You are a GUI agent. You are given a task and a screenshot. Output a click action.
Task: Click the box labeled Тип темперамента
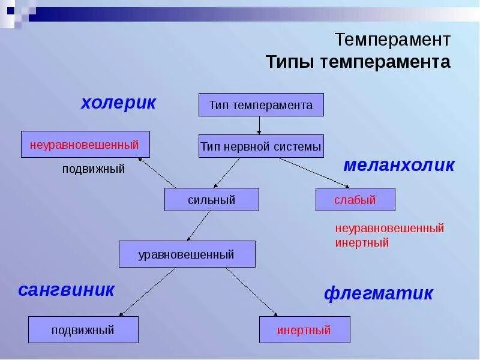(261, 105)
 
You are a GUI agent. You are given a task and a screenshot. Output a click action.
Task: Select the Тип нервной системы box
(261, 146)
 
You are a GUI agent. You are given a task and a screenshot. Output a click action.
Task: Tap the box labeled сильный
(212, 200)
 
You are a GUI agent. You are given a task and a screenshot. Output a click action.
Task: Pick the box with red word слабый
(355, 200)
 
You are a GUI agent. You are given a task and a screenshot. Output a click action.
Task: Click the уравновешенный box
(187, 254)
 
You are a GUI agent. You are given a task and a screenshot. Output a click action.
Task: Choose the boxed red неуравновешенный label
(85, 145)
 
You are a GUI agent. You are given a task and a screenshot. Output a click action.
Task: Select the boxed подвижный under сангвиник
(83, 330)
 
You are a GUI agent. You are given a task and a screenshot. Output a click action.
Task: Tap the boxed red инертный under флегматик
(304, 330)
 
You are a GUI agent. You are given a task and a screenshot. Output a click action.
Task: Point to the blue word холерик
(118, 103)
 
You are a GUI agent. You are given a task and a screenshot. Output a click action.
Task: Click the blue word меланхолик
(399, 166)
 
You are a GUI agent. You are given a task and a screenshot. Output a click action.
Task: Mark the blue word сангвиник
(66, 290)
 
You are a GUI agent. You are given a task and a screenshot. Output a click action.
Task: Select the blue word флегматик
(378, 293)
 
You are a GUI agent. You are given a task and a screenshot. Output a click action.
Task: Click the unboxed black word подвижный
(94, 169)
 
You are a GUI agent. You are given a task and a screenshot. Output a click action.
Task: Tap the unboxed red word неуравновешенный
(389, 229)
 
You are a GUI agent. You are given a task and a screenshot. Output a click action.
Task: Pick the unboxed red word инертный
(362, 243)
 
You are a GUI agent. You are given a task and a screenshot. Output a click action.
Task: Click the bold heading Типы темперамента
(358, 62)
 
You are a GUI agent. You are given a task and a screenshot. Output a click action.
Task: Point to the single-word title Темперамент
(392, 40)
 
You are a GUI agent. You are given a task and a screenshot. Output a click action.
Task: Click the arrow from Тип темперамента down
(260, 125)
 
